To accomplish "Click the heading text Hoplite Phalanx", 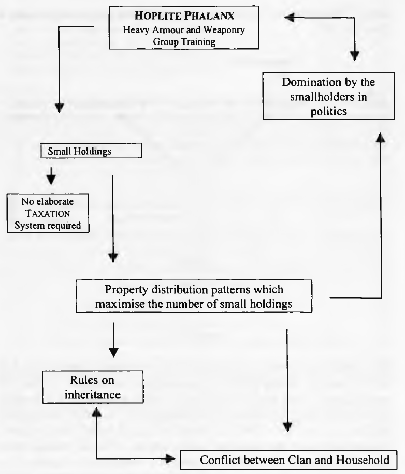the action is point(184,16).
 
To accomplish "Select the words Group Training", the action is point(184,41).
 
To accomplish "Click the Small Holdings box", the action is point(91,151).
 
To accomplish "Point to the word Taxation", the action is point(48,213).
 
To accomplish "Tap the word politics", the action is point(328,112).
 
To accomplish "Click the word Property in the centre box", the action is point(127,290).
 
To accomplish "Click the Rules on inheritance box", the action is point(93,387).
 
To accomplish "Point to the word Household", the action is point(363,460).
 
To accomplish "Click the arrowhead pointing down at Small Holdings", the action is point(59,108).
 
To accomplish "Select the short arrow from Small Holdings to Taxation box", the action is point(51,175).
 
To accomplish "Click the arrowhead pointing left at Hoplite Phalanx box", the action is point(290,18).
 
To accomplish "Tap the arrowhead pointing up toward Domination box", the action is point(381,138).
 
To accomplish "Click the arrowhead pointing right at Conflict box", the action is point(170,459).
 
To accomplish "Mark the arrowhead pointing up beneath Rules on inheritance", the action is point(96,411).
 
